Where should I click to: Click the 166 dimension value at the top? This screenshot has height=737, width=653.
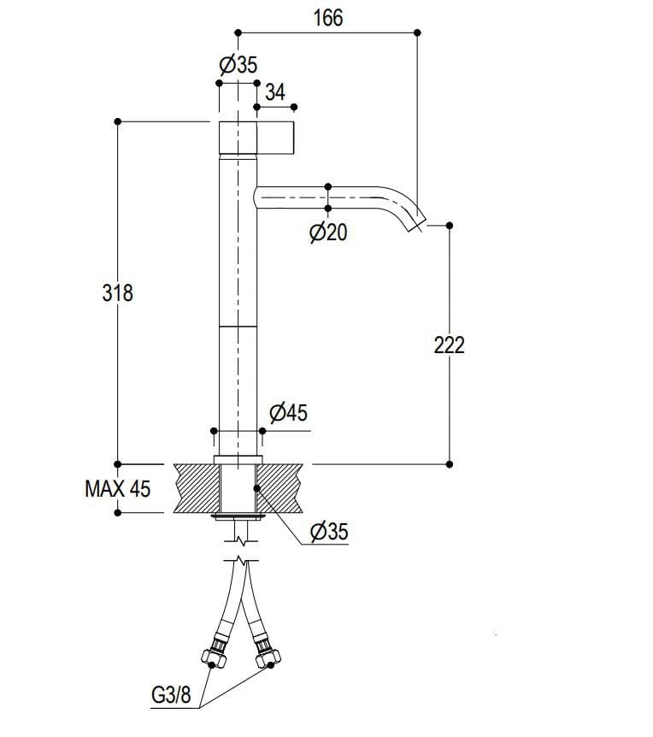point(327,18)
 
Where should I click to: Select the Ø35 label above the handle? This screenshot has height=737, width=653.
point(238,65)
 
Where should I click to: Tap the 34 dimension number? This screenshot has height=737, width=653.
point(275,92)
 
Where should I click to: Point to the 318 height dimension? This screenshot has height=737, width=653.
point(117,292)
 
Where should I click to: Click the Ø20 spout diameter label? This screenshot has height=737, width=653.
point(328,232)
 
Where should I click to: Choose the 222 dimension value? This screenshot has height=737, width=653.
point(450,345)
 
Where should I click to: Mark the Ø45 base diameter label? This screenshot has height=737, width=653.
point(288,414)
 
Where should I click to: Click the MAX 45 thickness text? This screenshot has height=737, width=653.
point(117,489)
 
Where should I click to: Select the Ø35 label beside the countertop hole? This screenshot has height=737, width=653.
point(329,533)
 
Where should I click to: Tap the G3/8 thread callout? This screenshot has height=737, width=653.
point(170,695)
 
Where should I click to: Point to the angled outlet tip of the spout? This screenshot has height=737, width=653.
point(416,224)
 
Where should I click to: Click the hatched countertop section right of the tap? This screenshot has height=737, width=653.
point(283,488)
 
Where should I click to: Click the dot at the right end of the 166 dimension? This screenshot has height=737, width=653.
point(417,32)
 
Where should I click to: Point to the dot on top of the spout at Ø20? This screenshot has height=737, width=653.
point(328,186)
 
